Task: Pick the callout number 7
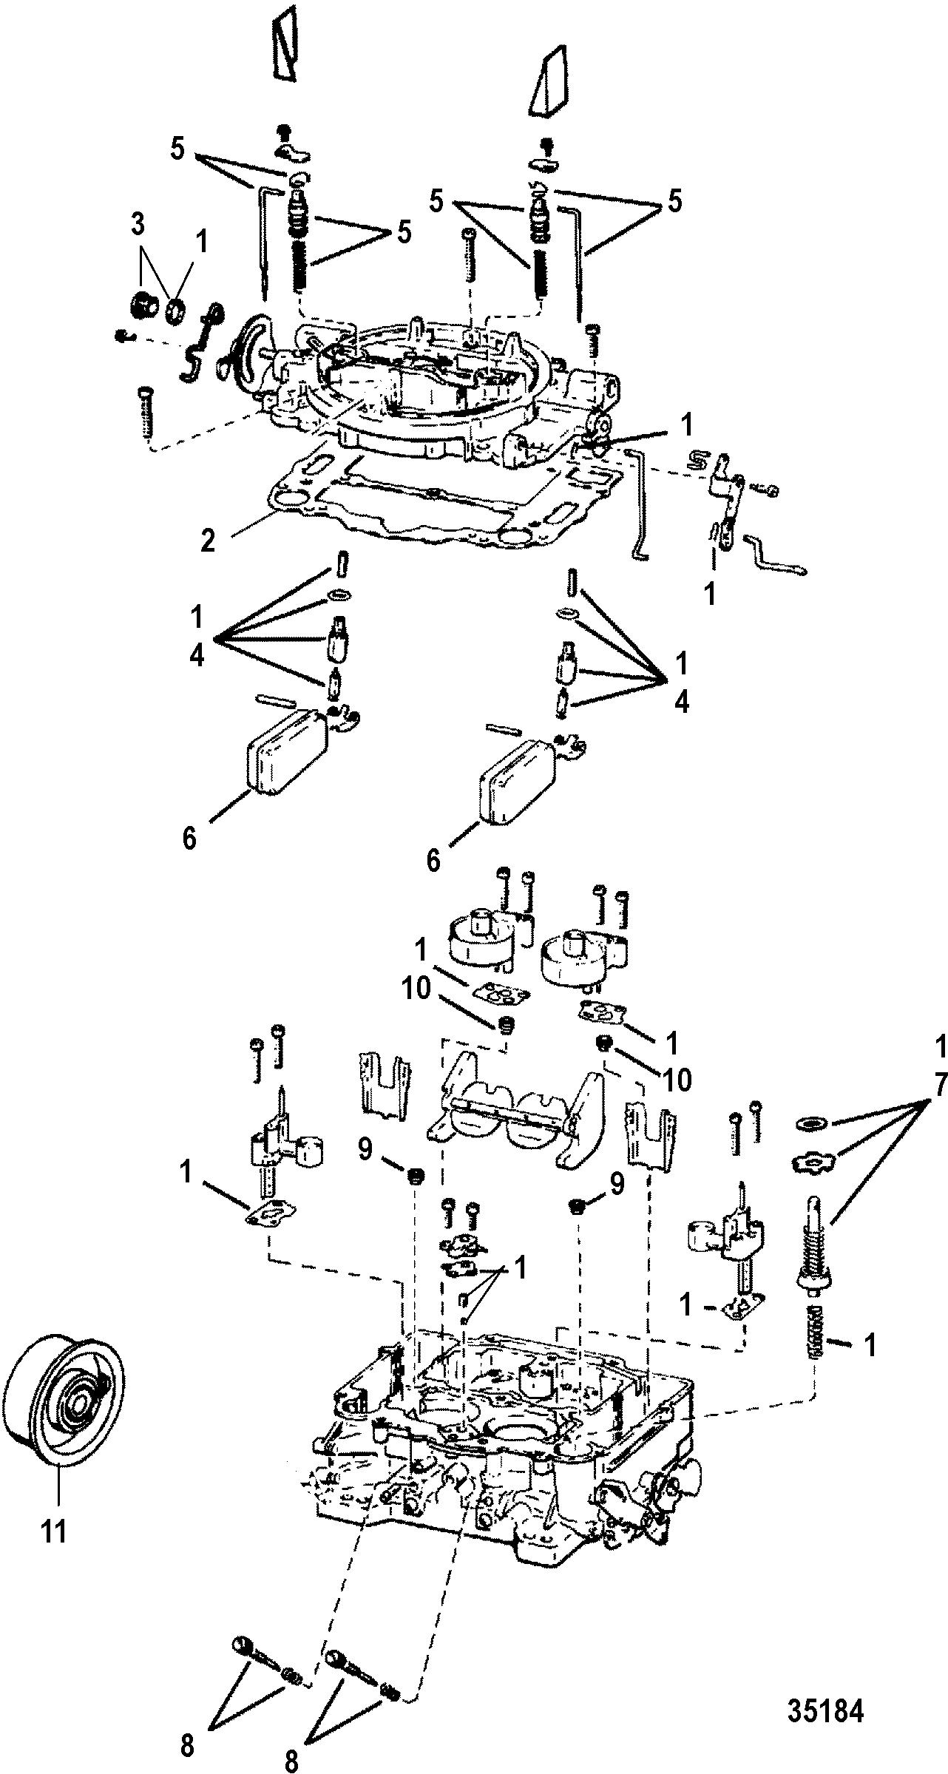click(939, 1085)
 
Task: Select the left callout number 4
click(196, 656)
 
